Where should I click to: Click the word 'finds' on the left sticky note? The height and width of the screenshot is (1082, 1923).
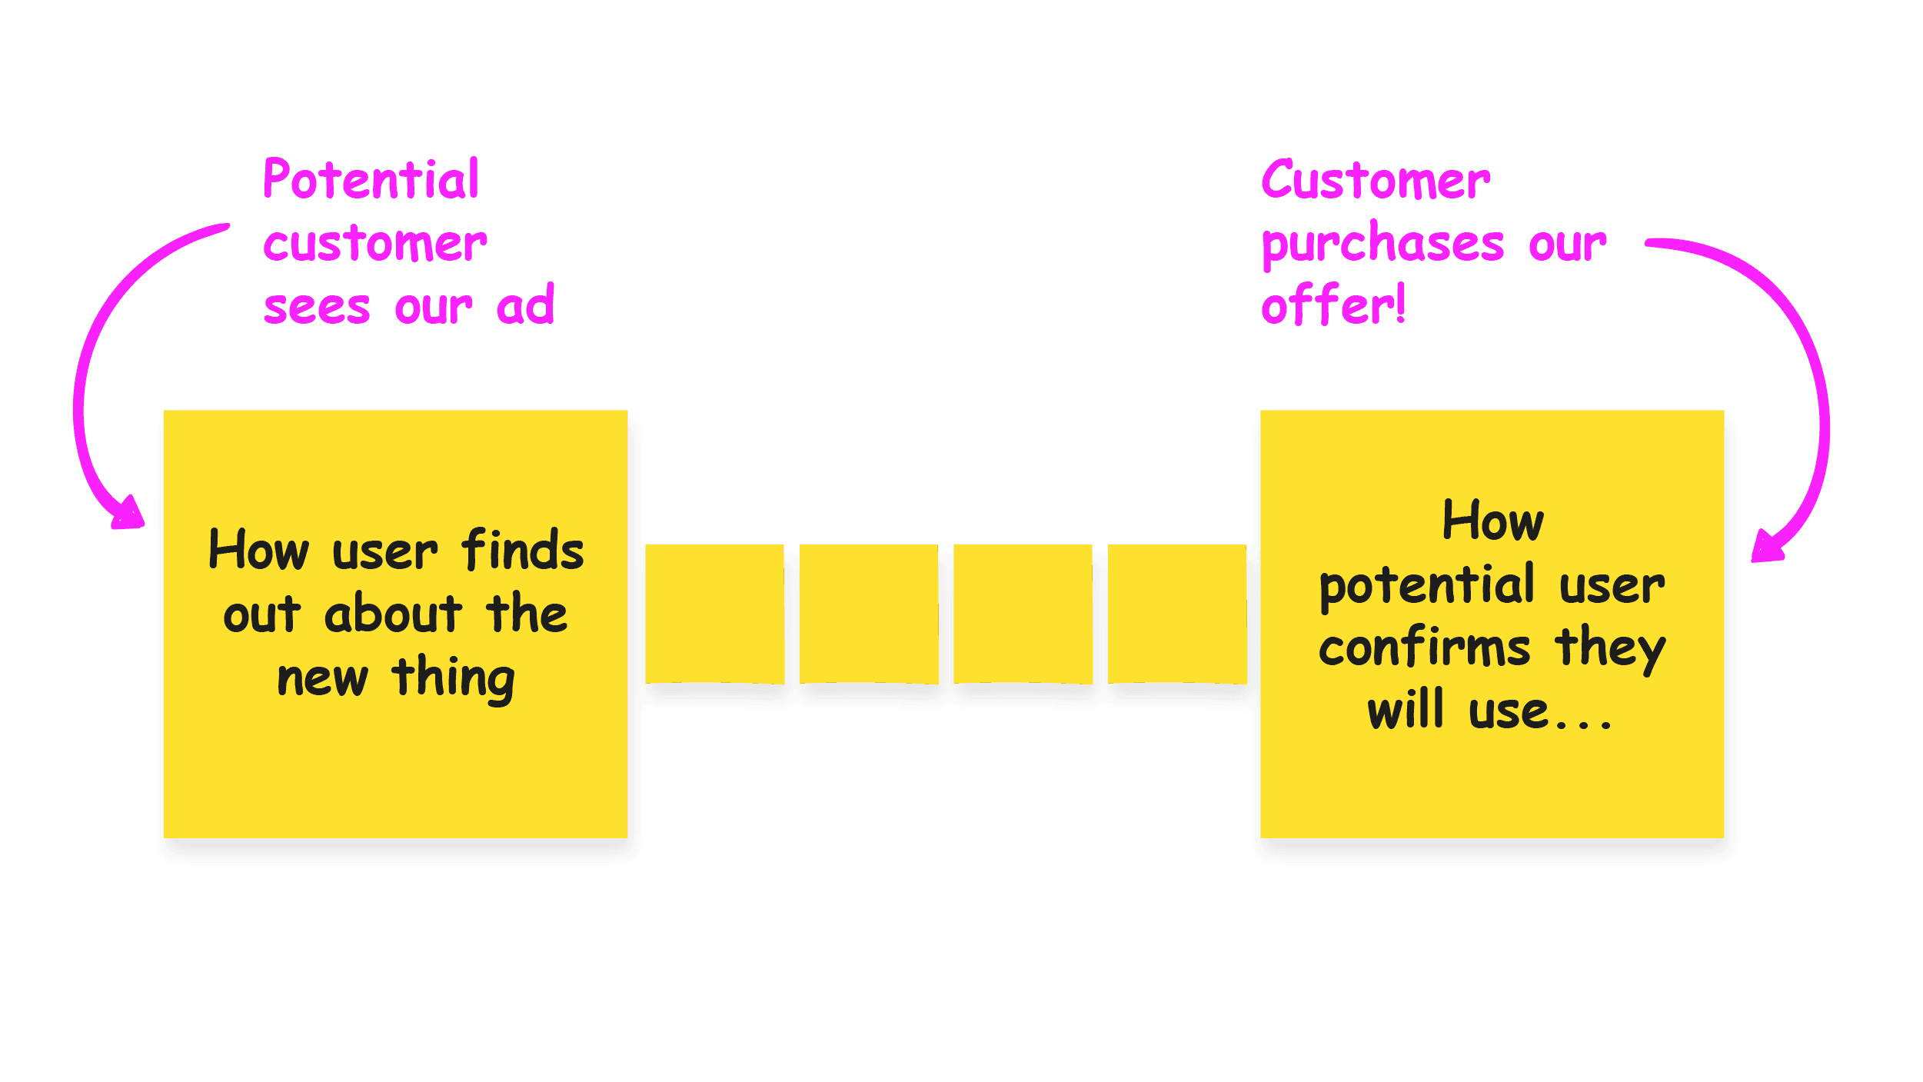522,551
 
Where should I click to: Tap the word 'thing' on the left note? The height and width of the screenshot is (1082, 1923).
453,678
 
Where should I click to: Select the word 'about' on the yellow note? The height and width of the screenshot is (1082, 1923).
393,614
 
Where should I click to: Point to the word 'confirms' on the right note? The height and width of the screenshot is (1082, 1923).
1425,648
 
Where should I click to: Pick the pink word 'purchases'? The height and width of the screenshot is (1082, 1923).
1382,245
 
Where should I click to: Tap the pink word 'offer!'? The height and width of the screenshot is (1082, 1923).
1333,305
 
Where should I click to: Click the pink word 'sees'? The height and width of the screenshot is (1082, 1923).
317,308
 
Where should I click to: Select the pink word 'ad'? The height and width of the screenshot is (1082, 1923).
525,305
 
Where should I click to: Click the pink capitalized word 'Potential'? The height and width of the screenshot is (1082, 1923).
371,180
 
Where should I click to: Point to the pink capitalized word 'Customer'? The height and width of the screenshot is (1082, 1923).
1375,181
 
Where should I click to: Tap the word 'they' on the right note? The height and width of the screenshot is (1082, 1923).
1610,650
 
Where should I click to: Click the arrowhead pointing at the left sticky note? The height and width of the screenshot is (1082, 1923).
129,514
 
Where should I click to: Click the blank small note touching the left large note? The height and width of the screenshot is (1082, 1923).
714,613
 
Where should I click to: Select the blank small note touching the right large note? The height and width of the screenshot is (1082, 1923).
1176,613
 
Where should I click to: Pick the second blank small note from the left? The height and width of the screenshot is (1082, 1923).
868,613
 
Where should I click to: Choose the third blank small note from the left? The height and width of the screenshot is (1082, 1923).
1023,613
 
